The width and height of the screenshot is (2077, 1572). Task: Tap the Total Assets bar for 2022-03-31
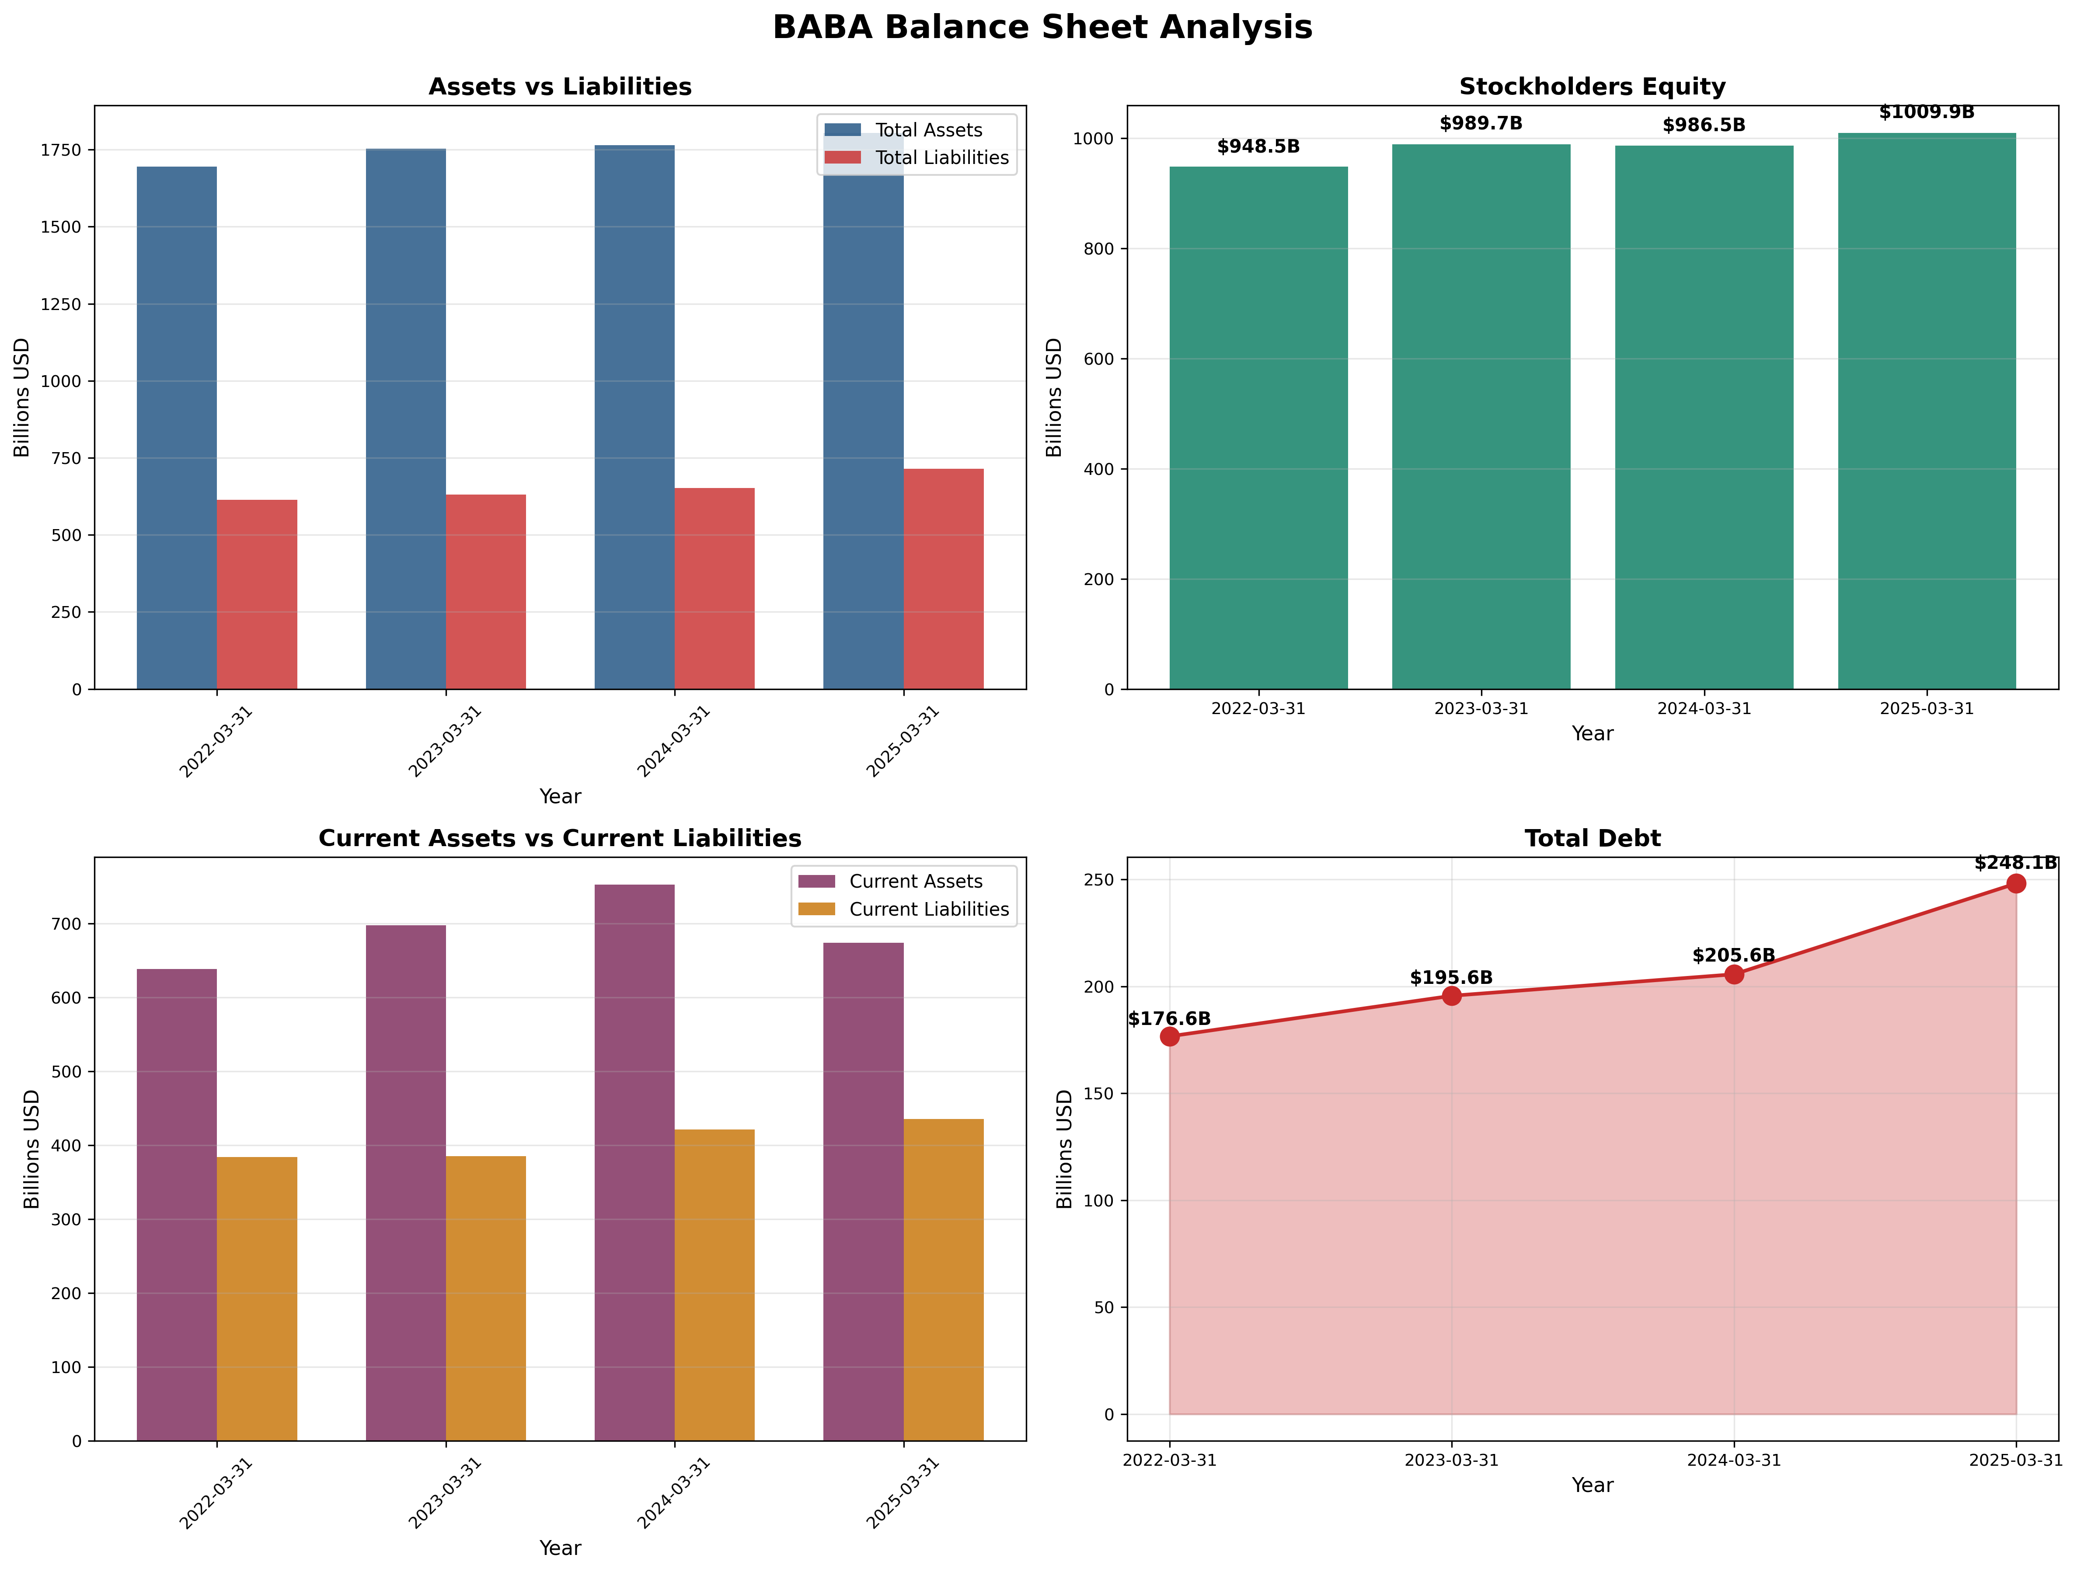pos(177,427)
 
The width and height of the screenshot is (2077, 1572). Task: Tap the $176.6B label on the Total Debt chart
pos(1169,1019)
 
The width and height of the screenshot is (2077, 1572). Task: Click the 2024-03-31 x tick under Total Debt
pos(1733,1460)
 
